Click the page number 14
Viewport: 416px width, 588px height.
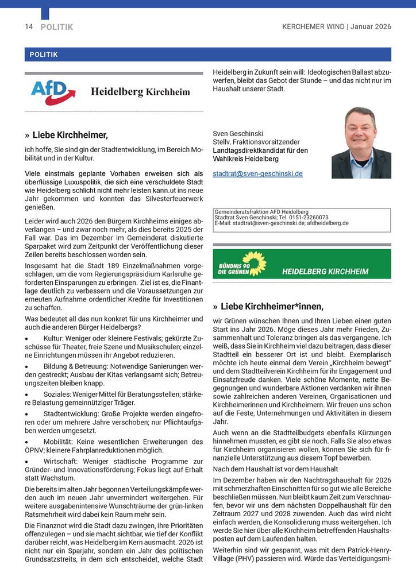tap(29, 27)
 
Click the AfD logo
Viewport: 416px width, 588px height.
tap(53, 92)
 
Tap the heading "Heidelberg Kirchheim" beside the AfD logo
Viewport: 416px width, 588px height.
tap(140, 92)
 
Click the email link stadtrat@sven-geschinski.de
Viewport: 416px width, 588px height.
tap(257, 173)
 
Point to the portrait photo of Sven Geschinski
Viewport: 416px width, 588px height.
tap(361, 142)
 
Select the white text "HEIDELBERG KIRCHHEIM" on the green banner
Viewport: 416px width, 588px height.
tap(325, 271)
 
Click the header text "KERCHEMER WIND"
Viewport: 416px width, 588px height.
tap(313, 27)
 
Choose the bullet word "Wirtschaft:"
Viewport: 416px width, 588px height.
tap(64, 461)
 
